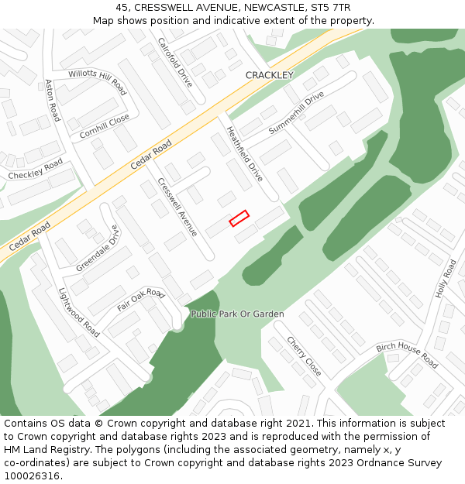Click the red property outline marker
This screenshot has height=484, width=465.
(239, 218)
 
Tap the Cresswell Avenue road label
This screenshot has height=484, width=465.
(177, 207)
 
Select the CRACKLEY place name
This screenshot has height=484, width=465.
(269, 75)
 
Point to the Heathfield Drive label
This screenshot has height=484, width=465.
(244, 153)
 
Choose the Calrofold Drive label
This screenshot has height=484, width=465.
(174, 61)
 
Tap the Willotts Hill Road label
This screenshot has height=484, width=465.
(98, 82)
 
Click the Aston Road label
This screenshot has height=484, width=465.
(52, 100)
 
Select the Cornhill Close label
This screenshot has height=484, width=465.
(105, 127)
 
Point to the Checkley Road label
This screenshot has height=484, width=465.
(35, 170)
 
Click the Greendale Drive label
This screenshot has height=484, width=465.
(98, 249)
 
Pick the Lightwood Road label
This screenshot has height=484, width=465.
(79, 312)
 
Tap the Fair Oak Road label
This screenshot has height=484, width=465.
(141, 300)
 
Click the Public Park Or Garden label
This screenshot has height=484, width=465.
(237, 314)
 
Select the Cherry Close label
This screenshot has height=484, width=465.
(304, 356)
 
